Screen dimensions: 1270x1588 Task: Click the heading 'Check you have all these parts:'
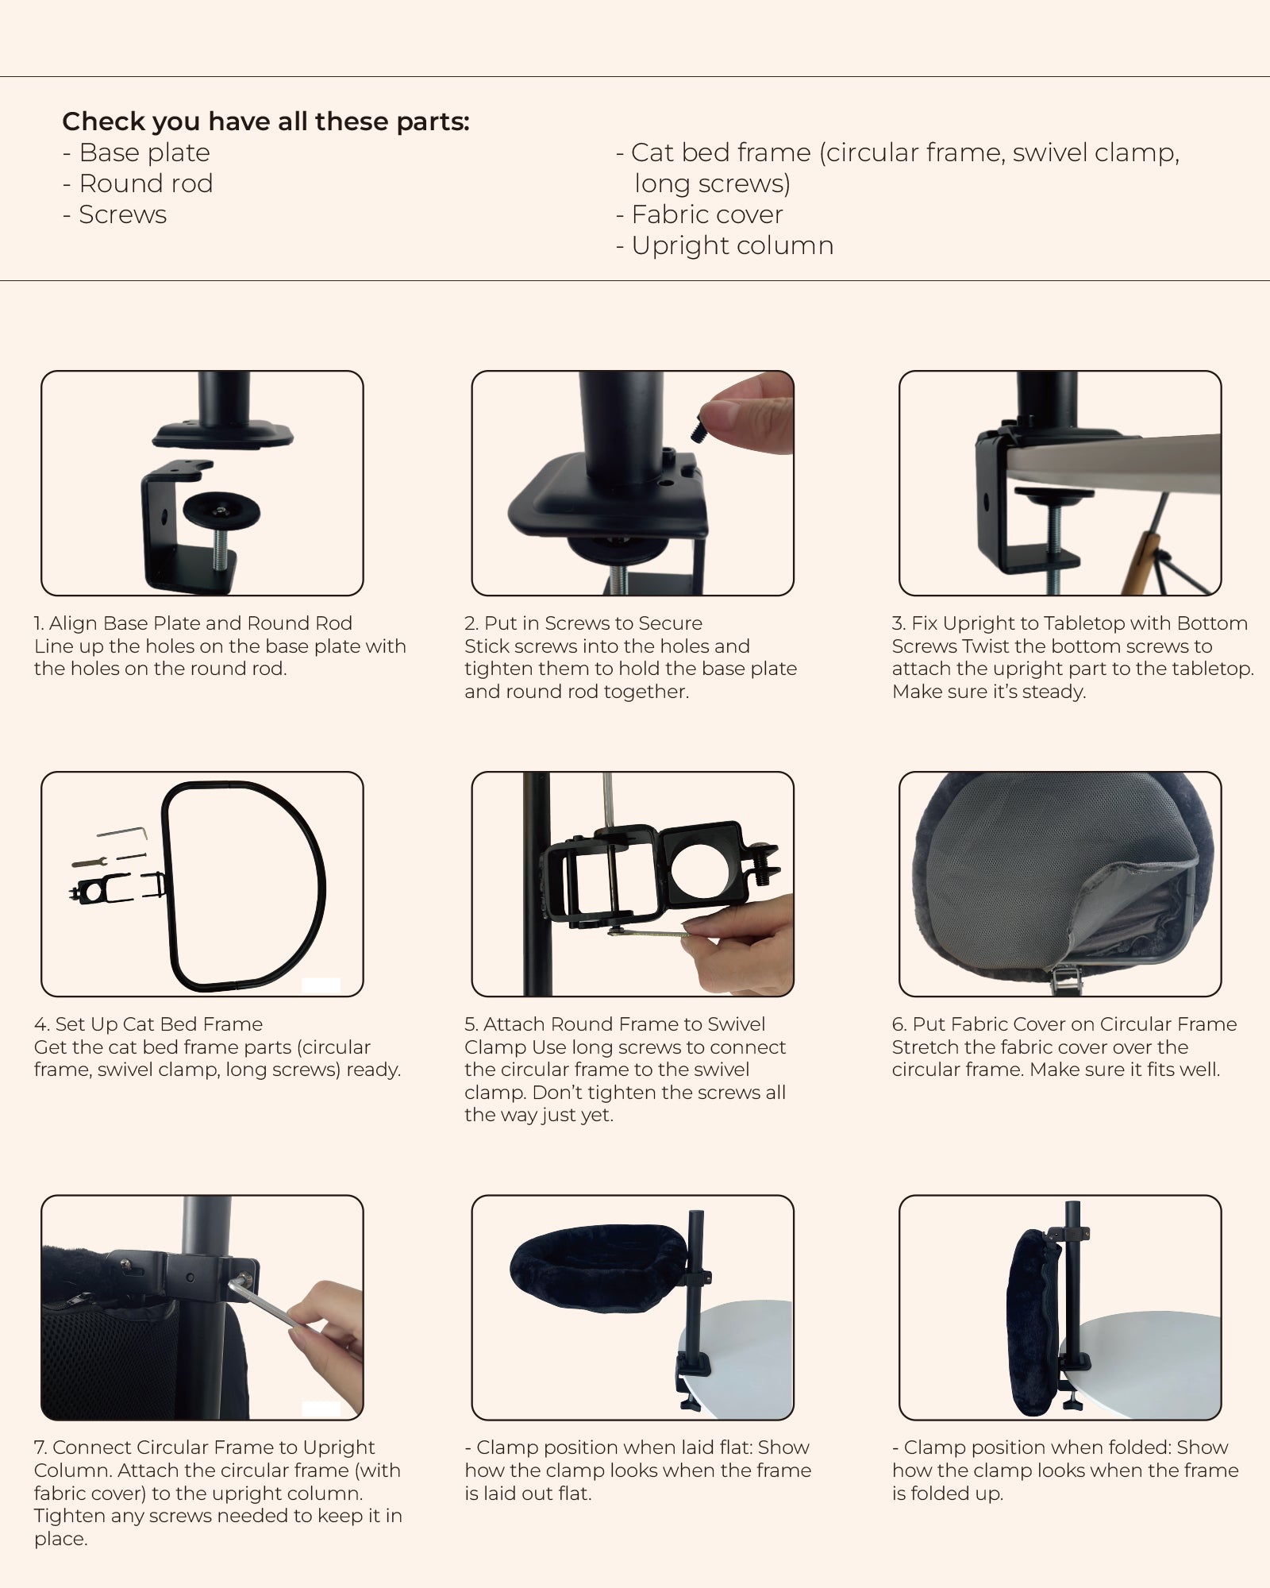coord(266,121)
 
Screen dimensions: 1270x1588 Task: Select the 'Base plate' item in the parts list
coord(137,152)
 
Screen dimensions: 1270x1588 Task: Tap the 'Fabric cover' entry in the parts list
coord(699,214)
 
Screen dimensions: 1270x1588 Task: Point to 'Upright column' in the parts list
coord(725,245)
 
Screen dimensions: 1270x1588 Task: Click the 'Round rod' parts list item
coord(138,183)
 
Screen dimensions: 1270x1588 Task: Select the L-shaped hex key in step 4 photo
coord(124,832)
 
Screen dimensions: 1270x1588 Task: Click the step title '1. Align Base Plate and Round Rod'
coord(193,623)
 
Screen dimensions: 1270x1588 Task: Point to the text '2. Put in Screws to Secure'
coord(583,623)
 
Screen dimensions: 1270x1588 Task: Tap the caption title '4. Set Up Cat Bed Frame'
coord(148,1024)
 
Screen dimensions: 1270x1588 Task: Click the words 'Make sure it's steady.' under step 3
coord(989,692)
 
